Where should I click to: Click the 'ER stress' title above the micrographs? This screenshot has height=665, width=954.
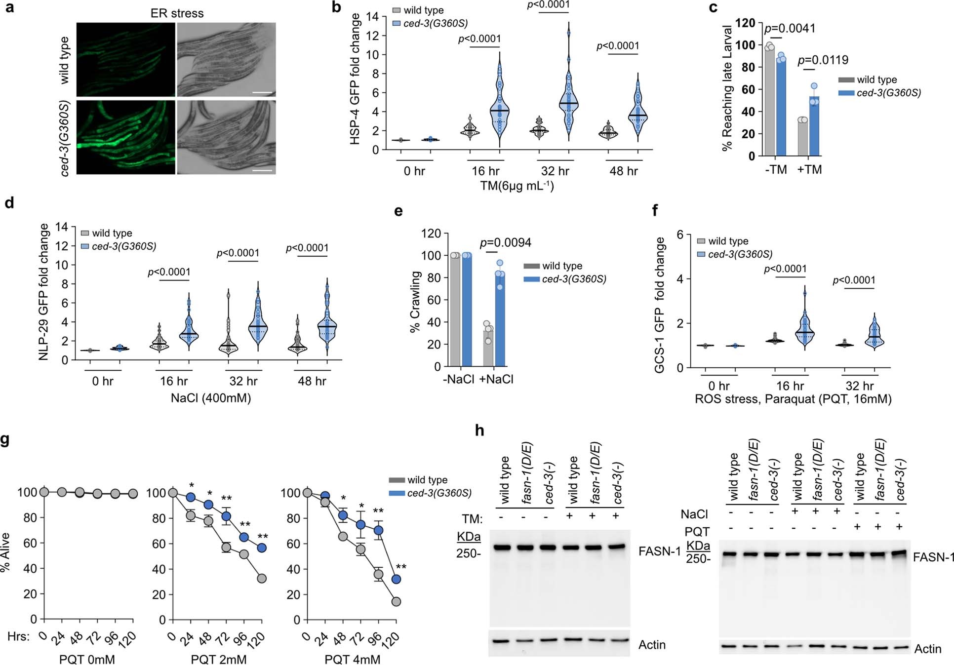(x=177, y=13)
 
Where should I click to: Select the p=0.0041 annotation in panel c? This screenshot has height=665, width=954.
(x=790, y=28)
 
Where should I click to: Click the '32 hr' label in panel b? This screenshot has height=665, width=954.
(x=555, y=171)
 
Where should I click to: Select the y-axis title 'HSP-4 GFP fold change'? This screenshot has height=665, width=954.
(x=355, y=79)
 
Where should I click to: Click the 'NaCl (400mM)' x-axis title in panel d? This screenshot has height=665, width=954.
(x=211, y=397)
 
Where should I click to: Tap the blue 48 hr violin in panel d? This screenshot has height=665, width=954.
(x=327, y=326)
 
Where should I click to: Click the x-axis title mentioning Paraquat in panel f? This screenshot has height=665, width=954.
(x=793, y=399)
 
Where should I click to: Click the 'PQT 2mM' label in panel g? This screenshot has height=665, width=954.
(x=218, y=659)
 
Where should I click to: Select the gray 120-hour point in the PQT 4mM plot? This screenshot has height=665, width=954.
(x=396, y=601)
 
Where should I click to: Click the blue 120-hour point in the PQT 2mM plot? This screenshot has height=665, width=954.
(x=262, y=548)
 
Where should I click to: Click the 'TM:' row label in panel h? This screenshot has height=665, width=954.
(x=472, y=519)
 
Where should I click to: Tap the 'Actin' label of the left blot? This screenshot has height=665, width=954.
(x=651, y=644)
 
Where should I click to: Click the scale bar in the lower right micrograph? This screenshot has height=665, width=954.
(x=265, y=171)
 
